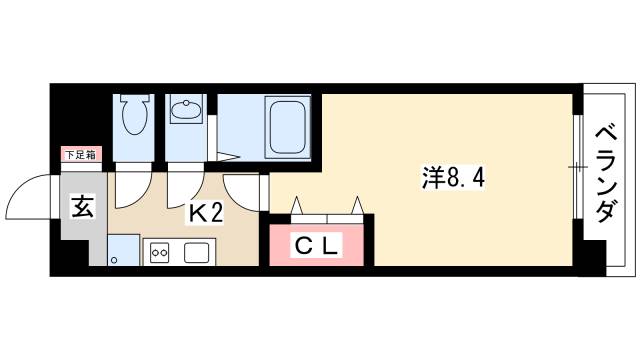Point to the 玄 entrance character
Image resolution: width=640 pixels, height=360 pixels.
[x=83, y=208]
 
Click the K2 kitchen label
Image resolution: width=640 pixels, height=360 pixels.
[x=206, y=212]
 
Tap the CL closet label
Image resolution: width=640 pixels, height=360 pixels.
[x=317, y=244]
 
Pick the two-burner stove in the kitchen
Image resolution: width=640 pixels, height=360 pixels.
[x=160, y=253]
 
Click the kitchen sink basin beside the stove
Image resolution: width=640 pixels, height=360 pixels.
[x=195, y=252]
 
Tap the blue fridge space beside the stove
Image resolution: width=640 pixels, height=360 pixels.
[x=123, y=250]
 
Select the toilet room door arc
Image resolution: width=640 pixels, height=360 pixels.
[x=133, y=183]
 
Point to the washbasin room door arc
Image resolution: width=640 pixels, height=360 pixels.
[x=186, y=183]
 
